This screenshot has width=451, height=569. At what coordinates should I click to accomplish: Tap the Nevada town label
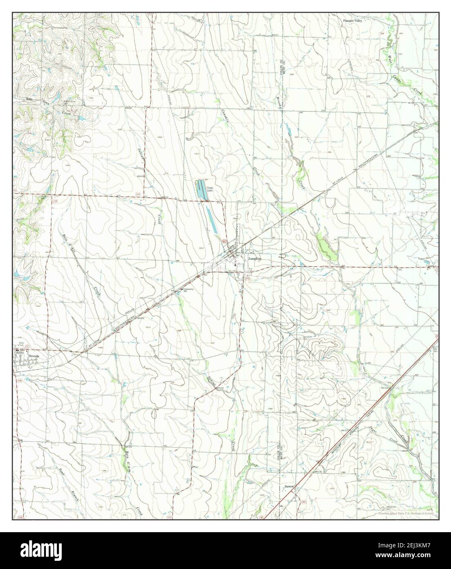[34, 357]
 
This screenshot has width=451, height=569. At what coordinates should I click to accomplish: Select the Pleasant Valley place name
[353, 19]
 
